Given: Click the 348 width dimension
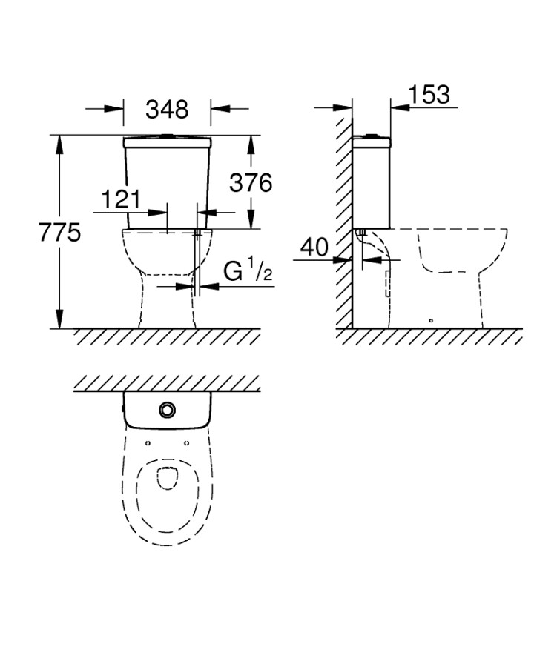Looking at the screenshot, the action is pos(167,110).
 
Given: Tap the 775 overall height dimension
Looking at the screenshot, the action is pos(59,232).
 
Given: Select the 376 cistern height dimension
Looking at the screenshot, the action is pos(251,183).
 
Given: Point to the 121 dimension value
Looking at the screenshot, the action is pos(121,199).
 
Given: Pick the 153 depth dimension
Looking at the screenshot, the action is pos(429,94).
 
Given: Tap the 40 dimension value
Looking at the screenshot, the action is pos(314,247).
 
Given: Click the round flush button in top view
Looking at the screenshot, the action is pos(167,410).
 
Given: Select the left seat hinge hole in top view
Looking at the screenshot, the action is pos(148,443).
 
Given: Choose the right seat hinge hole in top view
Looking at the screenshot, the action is pos(186,443).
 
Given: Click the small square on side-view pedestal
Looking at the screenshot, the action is pos(431,320).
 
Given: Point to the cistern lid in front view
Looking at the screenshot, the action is pos(167,142).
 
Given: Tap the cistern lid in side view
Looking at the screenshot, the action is pos(372,142).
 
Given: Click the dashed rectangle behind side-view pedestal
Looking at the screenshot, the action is pos(387,284).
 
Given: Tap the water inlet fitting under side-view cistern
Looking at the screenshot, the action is pos(362,232).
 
